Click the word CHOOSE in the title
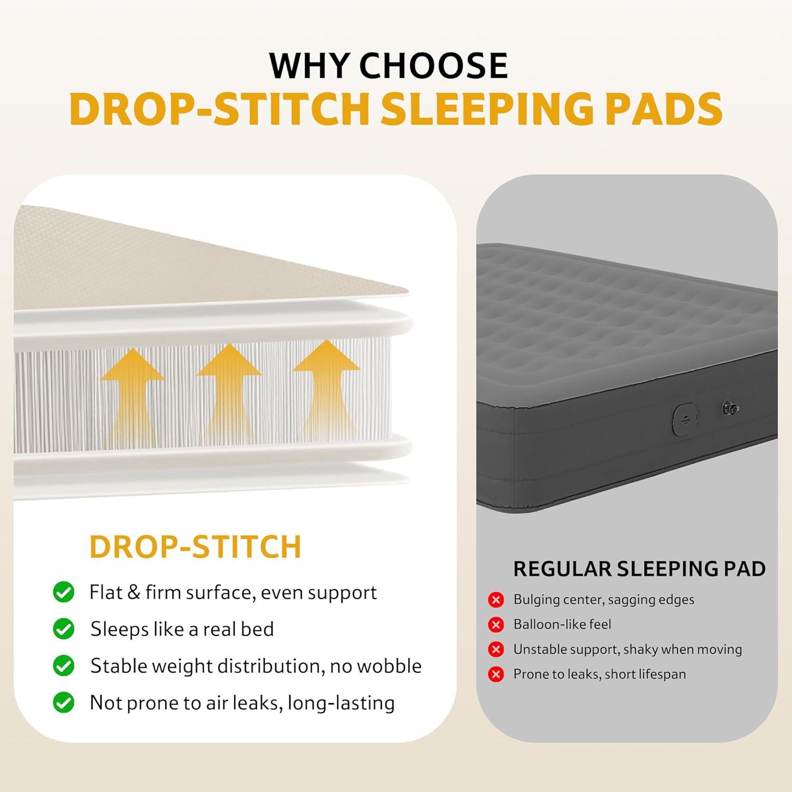(x=433, y=65)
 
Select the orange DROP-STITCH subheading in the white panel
(x=195, y=546)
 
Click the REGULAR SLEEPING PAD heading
(x=639, y=569)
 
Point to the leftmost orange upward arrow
(x=132, y=396)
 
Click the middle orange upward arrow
(x=229, y=393)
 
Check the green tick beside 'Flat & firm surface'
(x=63, y=592)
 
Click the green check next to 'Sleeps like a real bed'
(x=63, y=629)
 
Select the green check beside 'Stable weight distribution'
(x=63, y=666)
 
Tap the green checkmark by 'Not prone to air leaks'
(x=63, y=702)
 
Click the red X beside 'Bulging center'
(x=496, y=600)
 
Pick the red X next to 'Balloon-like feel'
(x=496, y=625)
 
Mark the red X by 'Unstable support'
(x=496, y=649)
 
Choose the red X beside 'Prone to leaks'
(x=496, y=674)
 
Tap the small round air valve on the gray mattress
(x=731, y=408)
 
